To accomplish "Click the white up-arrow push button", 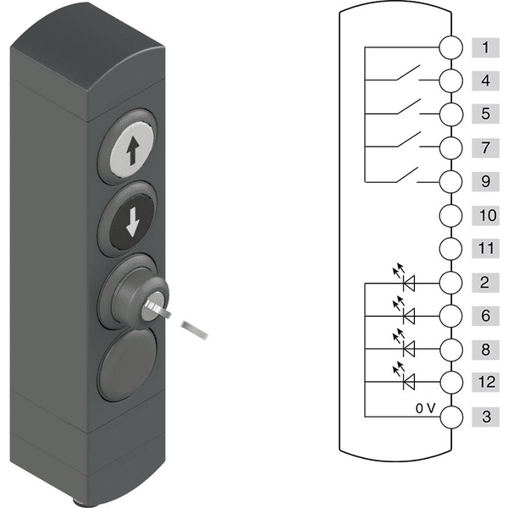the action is (x=132, y=150).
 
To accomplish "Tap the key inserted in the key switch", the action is (x=175, y=319).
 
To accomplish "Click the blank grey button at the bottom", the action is (x=129, y=364).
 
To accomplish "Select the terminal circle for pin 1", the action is (x=451, y=47).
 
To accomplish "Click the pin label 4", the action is (x=485, y=80).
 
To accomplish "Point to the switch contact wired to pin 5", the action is (x=409, y=107).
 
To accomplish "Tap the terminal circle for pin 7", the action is (x=451, y=147).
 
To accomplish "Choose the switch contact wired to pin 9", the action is (x=406, y=174).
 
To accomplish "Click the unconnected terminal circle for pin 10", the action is (x=451, y=215).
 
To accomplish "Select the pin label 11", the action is (x=485, y=248).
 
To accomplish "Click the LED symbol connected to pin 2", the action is (x=405, y=278).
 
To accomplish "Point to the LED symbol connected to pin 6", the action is (x=405, y=310).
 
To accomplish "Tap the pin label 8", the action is (x=485, y=350).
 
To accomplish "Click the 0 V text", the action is (x=425, y=409).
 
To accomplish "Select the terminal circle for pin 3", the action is (x=451, y=417).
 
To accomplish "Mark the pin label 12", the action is (x=485, y=382).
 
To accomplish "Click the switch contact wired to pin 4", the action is (x=408, y=73).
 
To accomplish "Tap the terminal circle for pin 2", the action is (x=451, y=283).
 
